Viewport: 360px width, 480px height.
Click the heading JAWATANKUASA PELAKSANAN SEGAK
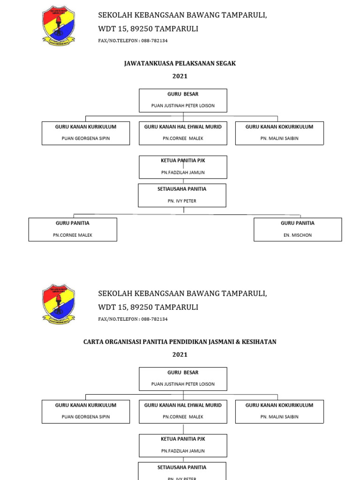pyautogui.click(x=180, y=63)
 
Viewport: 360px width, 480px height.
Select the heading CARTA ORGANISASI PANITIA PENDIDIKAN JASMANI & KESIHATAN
pyautogui.click(x=180, y=342)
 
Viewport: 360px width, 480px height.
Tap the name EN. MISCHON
pyautogui.click(x=298, y=235)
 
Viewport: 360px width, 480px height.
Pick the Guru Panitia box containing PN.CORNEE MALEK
pyautogui.click(x=73, y=229)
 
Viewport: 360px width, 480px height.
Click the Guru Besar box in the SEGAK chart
pyautogui.click(x=183, y=100)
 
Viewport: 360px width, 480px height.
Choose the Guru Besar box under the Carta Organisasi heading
pyautogui.click(x=183, y=379)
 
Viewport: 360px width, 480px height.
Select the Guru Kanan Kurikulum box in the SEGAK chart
pyautogui.click(x=86, y=133)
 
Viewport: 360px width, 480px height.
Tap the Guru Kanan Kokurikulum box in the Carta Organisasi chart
pyautogui.click(x=279, y=411)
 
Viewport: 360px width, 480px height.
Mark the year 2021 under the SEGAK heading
pyautogui.click(x=180, y=76)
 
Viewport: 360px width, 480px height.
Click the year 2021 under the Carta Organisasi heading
pyautogui.click(x=180, y=355)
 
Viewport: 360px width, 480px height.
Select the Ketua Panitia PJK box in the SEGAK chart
pyautogui.click(x=183, y=167)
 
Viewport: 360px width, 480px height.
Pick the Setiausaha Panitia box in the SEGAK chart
pyautogui.click(x=182, y=195)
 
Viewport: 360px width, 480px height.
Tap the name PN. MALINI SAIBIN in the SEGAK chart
pyautogui.click(x=279, y=139)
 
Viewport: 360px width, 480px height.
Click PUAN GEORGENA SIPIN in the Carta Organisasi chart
pyautogui.click(x=86, y=417)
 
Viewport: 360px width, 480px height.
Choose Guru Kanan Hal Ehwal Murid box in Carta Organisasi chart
pyautogui.click(x=183, y=411)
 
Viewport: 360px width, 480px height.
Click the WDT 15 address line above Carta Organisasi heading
pyautogui.click(x=148, y=307)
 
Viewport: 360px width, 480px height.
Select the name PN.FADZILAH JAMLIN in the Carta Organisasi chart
pyautogui.click(x=183, y=451)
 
